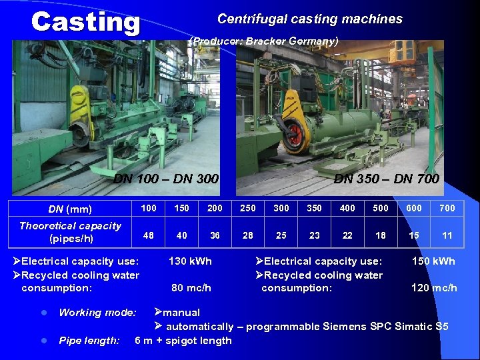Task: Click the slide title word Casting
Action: (x=85, y=23)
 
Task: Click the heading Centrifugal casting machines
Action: (x=310, y=19)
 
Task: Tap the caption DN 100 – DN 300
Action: (x=166, y=179)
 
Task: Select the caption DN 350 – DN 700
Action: (x=386, y=179)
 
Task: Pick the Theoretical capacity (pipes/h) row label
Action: (x=70, y=232)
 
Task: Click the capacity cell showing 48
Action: (x=149, y=235)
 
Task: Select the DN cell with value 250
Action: (x=248, y=208)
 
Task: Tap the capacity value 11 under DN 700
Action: (x=447, y=235)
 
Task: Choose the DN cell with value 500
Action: (x=381, y=208)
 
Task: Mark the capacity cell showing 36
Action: (x=215, y=235)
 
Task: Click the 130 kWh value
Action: (x=190, y=261)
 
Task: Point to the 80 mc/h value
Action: (x=191, y=288)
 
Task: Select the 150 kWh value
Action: (x=433, y=261)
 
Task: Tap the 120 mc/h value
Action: (x=435, y=288)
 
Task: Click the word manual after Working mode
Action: (x=181, y=312)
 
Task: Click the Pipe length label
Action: (x=89, y=341)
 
